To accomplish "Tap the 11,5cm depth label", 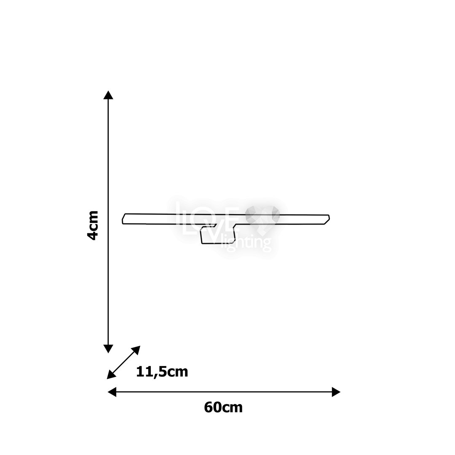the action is (x=162, y=372).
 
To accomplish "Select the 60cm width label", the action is (x=223, y=407).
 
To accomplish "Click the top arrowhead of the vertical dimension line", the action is (x=108, y=95).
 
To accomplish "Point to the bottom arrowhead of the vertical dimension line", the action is (x=108, y=349).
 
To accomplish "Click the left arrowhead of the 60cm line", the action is (x=112, y=392).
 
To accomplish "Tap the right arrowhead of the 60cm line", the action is (x=336, y=392).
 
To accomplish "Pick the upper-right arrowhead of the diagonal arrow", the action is (x=136, y=350).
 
